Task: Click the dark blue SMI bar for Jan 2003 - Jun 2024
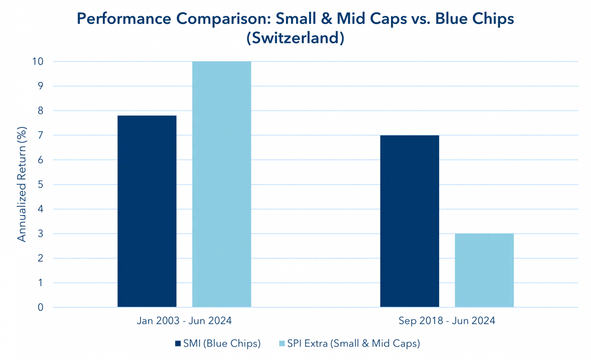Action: click(x=147, y=211)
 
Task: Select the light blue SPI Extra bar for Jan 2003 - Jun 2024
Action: click(x=221, y=184)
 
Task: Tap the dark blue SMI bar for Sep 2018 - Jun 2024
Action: click(x=410, y=221)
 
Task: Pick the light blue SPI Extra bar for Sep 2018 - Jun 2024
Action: click(x=484, y=270)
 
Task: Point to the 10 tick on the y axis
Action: click(x=40, y=62)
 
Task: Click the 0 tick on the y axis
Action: click(x=41, y=308)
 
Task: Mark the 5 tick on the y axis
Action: click(x=41, y=185)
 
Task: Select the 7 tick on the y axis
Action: click(x=41, y=135)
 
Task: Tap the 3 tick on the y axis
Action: click(x=41, y=234)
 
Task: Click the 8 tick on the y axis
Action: click(x=41, y=111)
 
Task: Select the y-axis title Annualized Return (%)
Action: click(x=21, y=184)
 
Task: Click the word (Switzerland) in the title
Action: click(x=295, y=38)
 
